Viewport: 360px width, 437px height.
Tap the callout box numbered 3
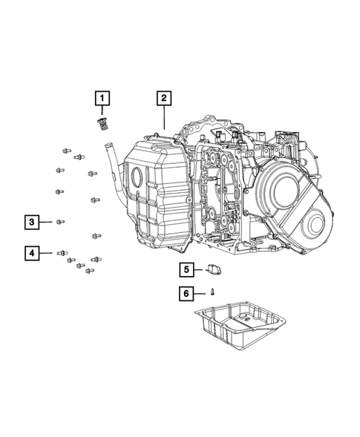pyautogui.click(x=32, y=221)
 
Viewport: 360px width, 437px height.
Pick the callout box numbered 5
pyautogui.click(x=187, y=269)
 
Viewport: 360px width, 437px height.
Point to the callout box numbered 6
pyautogui.click(x=187, y=294)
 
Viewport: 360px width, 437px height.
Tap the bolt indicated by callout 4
pyautogui.click(x=62, y=254)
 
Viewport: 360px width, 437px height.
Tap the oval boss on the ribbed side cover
pyautogui.click(x=137, y=179)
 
